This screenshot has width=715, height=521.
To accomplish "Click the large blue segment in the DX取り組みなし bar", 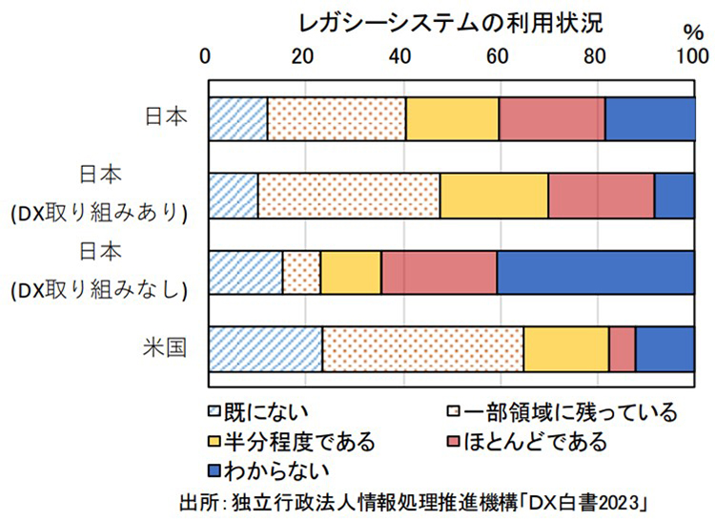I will click(595, 272).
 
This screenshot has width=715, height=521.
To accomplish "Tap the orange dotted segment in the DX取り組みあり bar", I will click(349, 196).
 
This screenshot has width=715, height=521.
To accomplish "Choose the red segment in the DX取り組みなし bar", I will click(439, 272).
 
